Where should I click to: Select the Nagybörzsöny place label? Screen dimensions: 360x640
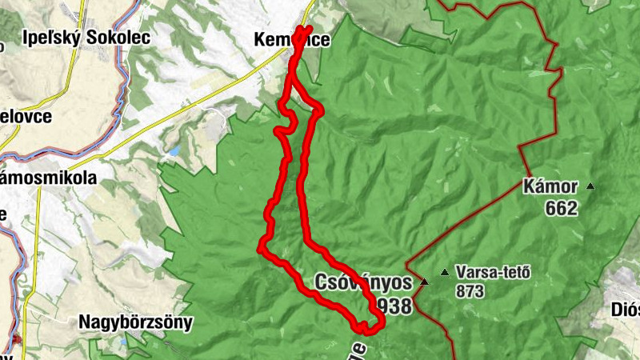pyautogui.click(x=136, y=322)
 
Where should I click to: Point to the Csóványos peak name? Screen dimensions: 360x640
pyautogui.click(x=363, y=282)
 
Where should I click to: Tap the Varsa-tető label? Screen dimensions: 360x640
pyautogui.click(x=493, y=271)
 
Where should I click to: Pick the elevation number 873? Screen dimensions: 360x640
pyautogui.click(x=470, y=291)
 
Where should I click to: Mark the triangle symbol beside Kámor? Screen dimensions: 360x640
pyautogui.click(x=590, y=186)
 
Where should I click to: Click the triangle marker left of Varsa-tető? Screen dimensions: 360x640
pyautogui.click(x=444, y=272)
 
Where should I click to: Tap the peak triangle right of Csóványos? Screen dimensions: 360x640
pyautogui.click(x=424, y=282)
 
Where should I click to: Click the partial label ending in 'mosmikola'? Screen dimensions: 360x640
pyautogui.click(x=48, y=178)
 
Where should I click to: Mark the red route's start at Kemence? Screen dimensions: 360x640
pyautogui.click(x=308, y=29)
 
